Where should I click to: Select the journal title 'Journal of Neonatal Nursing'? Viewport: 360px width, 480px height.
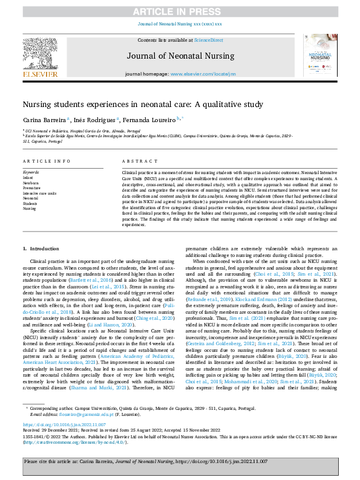[x=180, y=56]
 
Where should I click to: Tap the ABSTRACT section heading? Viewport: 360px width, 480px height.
[x=135, y=161]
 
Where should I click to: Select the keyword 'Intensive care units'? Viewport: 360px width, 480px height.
[x=39, y=193]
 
